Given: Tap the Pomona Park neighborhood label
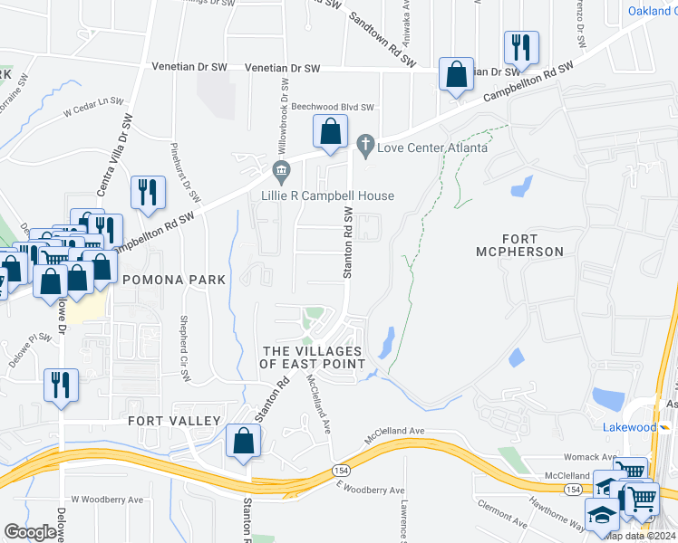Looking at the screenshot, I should pyautogui.click(x=173, y=281).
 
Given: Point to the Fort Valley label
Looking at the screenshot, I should pyautogui.click(x=174, y=421).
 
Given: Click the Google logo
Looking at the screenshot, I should pyautogui.click(x=31, y=532).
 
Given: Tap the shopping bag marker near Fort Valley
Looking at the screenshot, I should pyautogui.click(x=244, y=443).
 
